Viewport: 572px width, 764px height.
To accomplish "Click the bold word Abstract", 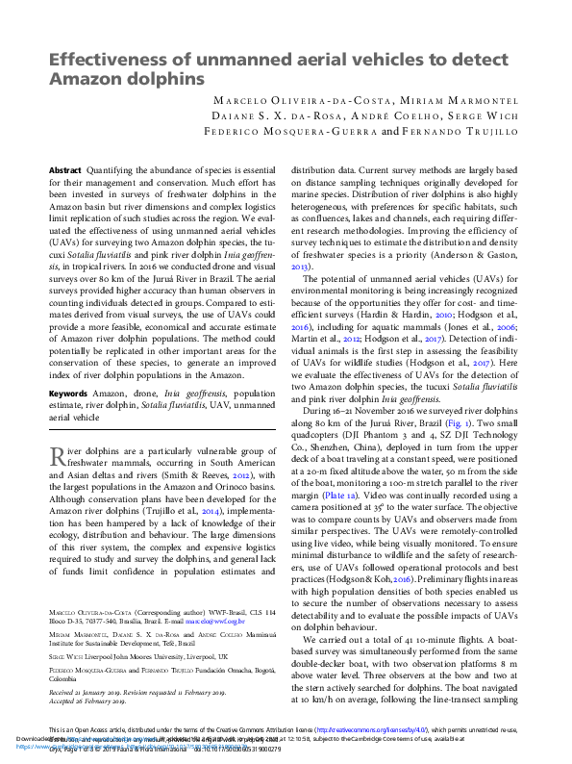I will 65,169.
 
